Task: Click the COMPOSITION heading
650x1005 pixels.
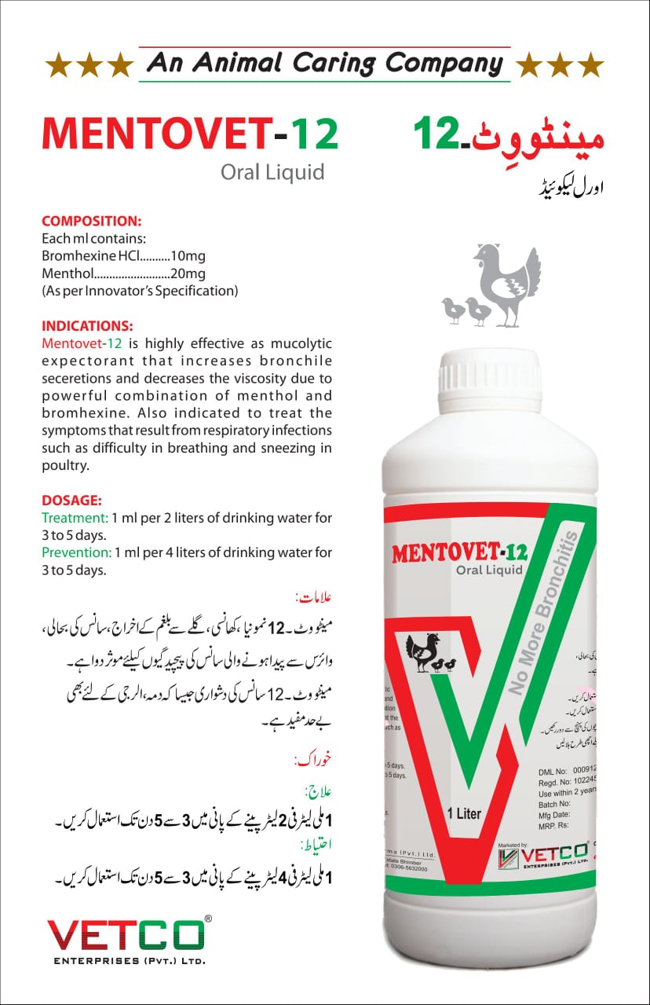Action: (91, 222)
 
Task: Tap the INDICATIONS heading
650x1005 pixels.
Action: (87, 325)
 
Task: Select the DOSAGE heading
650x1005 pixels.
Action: (71, 501)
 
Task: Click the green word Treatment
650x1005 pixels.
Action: (75, 518)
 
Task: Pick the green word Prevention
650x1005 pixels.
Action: (76, 552)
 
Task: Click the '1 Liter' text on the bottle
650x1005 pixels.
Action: (464, 813)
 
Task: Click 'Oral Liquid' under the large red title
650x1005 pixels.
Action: (272, 171)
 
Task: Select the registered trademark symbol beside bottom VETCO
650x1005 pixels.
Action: (207, 918)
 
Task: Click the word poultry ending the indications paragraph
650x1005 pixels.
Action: (66, 465)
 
